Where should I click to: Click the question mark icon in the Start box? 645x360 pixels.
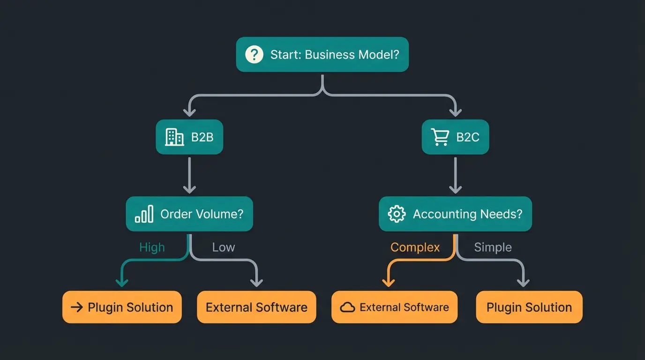(x=254, y=54)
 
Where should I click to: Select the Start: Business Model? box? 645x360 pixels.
(x=322, y=54)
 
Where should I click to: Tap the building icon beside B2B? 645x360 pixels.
(x=174, y=137)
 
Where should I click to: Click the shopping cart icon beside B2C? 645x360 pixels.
(x=440, y=137)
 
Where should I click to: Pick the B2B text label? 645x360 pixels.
(x=202, y=137)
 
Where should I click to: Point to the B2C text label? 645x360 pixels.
(x=468, y=137)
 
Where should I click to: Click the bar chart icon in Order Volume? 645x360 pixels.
(x=144, y=214)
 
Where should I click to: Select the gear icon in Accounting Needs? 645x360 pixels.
(x=397, y=214)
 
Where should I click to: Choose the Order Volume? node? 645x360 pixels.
(x=189, y=214)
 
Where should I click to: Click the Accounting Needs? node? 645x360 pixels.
(x=455, y=214)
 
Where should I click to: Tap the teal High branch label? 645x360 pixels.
(x=152, y=247)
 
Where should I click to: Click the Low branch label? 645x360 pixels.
(x=223, y=247)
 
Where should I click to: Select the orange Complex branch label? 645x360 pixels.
(x=415, y=247)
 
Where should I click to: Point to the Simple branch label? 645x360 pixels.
(x=493, y=247)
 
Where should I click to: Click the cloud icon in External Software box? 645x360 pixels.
(x=347, y=307)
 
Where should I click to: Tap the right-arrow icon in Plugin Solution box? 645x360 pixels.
(x=76, y=307)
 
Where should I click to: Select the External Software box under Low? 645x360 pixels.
(x=256, y=307)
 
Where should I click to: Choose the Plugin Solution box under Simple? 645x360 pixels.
(x=529, y=307)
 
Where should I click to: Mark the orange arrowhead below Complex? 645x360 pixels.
(x=388, y=282)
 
